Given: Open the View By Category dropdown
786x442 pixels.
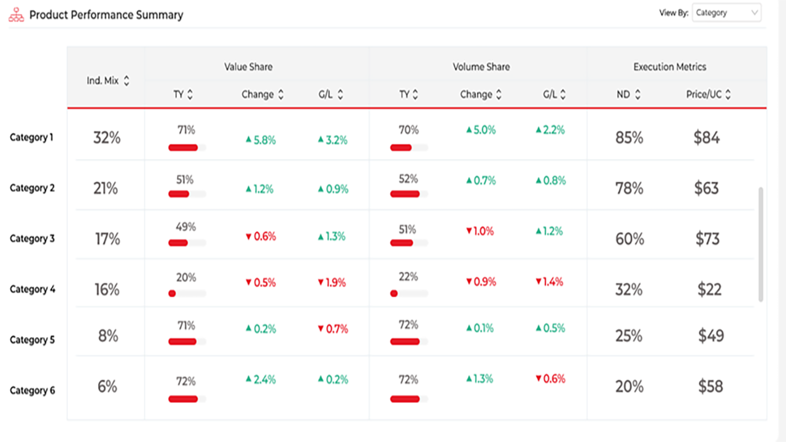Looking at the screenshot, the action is tap(726, 13).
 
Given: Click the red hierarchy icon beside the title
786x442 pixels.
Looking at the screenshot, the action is tap(17, 15).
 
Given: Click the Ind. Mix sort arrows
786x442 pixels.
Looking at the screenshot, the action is tap(126, 80).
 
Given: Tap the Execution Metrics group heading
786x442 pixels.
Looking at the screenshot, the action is tap(669, 67).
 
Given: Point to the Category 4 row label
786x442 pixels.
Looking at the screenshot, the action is tap(33, 289).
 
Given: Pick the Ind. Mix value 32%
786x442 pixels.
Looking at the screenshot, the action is tap(107, 138).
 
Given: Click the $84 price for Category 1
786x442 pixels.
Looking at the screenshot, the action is tap(706, 137).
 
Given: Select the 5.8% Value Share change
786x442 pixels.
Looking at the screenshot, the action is tap(261, 141).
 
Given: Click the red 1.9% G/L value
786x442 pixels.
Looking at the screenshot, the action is tap(332, 282).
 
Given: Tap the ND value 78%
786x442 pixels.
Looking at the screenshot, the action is tap(629, 188).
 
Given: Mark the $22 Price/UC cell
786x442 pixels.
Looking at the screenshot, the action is tap(709, 289).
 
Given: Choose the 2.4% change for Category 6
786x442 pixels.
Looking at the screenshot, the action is tap(261, 379).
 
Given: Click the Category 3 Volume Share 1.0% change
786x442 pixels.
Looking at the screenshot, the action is tap(480, 231).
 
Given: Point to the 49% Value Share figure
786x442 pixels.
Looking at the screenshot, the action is tap(185, 227).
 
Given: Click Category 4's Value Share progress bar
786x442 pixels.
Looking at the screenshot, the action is tap(187, 293).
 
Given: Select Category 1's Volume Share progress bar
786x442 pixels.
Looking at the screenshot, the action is tap(409, 148).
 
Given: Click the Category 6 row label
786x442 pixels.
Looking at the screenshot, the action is tap(33, 390).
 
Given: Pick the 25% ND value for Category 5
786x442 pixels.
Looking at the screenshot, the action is tap(629, 336).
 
